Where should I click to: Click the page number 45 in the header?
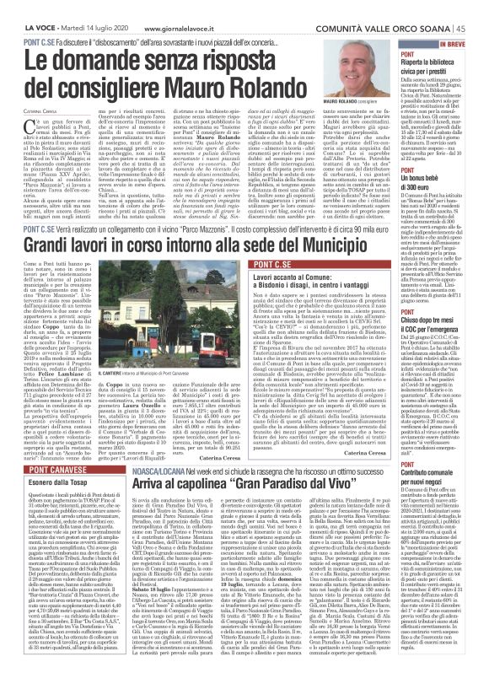point(476,7)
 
